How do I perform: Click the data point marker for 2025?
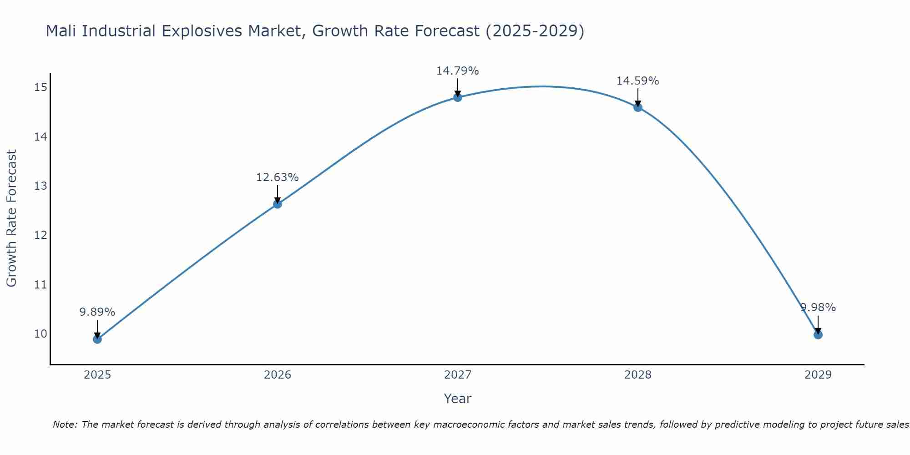coord(97,339)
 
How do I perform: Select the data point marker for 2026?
coord(277,204)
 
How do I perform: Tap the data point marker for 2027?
coord(458,97)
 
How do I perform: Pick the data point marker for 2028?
coord(638,107)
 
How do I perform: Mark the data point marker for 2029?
coord(818,335)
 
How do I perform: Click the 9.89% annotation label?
coord(97,312)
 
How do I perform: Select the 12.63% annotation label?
coord(277,177)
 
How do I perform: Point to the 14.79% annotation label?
coord(457,71)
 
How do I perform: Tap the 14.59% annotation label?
coord(637,81)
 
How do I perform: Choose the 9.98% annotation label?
coord(818,308)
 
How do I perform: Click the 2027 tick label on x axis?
coord(457,375)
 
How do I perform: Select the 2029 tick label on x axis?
coord(818,375)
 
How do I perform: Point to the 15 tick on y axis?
coord(40,87)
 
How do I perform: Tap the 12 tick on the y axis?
coord(40,235)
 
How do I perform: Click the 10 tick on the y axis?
coord(40,334)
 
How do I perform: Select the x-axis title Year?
coord(457,399)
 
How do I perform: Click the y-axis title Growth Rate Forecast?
coord(12,218)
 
